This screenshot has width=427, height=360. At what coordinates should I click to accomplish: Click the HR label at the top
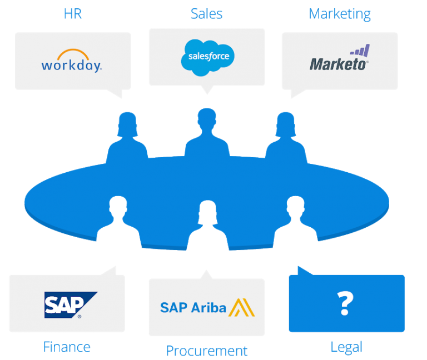coord(73,13)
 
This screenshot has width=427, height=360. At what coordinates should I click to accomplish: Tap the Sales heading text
coord(206,13)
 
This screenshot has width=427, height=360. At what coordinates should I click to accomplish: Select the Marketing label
coord(340,13)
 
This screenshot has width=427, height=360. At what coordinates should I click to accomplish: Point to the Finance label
coord(67,347)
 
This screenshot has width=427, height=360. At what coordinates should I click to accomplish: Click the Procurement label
coord(206,351)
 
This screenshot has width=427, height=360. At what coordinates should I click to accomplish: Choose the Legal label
coord(346,347)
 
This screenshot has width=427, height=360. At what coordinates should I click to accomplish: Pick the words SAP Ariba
coord(193,307)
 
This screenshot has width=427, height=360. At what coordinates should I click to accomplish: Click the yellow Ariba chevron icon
coord(242,307)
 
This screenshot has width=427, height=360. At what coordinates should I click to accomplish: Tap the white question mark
coord(345,303)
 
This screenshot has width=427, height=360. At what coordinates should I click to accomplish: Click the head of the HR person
coord(127,124)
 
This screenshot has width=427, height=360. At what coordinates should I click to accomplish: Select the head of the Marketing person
coord(286,124)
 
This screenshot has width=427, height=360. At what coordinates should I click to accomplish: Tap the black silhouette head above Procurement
coord(207,213)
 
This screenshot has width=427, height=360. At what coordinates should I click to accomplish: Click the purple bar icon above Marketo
coord(360,51)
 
